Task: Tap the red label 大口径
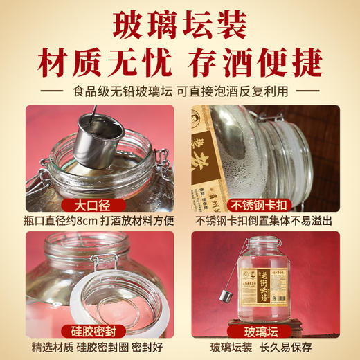(x=91, y=206)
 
